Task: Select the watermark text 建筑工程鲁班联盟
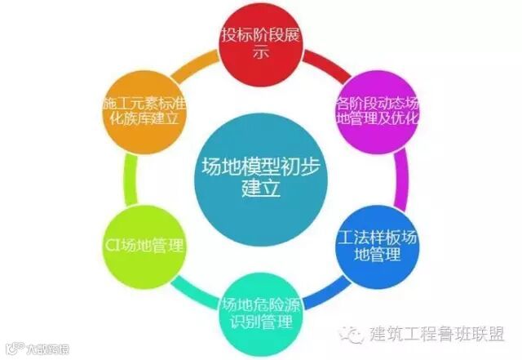click(437, 336)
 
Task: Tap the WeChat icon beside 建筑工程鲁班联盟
click(353, 335)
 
